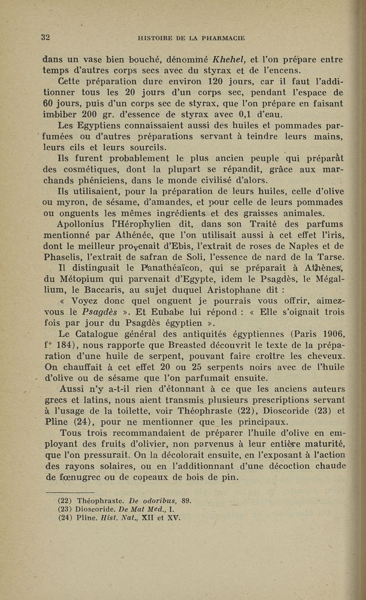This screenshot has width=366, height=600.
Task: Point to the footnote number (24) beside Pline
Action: click(x=66, y=518)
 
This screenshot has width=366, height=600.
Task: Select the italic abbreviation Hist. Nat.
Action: click(x=119, y=518)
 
